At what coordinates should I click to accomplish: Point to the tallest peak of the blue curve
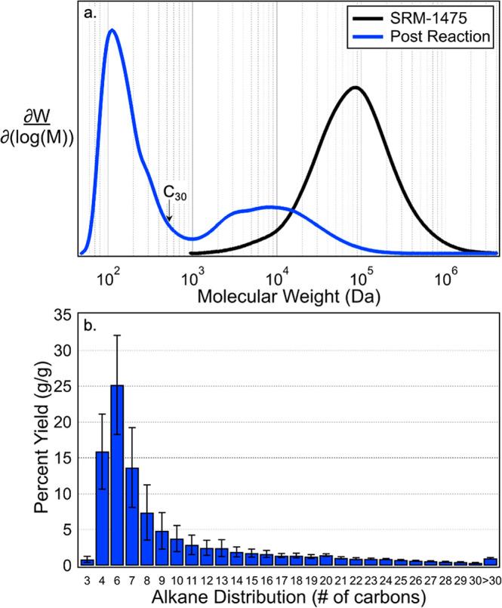coord(112,30)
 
